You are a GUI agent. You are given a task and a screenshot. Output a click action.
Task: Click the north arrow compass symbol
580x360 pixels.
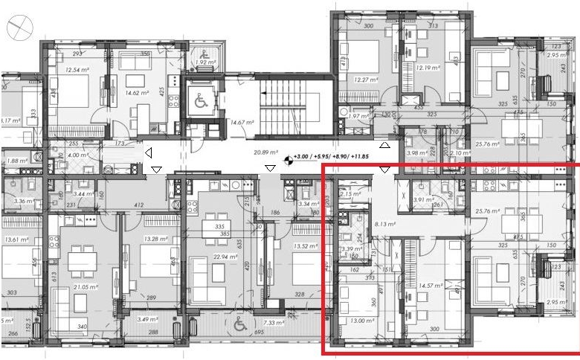16,28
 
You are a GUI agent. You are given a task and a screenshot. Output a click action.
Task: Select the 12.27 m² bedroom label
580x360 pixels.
365,80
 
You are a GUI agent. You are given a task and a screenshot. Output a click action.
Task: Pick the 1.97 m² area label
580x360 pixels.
359,116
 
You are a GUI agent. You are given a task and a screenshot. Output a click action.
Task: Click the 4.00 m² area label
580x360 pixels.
78,155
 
